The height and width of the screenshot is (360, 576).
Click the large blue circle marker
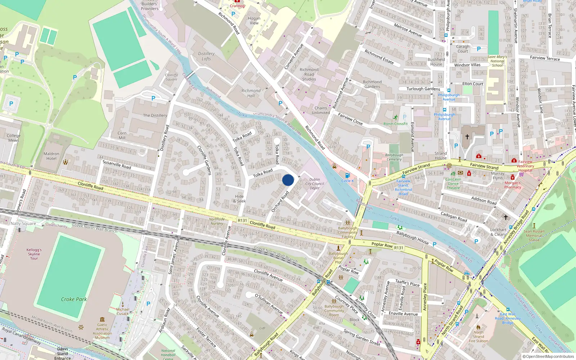288,180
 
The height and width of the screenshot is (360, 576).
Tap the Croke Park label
74,299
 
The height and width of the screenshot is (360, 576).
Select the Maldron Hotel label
51,156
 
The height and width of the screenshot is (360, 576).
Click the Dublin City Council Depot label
315,184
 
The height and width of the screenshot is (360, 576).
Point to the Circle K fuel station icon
347,175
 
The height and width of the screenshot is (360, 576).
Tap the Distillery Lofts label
206,56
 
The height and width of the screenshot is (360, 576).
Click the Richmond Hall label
251,93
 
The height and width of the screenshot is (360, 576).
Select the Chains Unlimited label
321,110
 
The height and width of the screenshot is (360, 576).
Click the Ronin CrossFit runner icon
396,117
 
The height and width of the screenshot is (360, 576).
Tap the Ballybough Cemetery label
394,157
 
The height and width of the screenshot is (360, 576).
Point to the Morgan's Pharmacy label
513,185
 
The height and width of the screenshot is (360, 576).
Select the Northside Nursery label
217,221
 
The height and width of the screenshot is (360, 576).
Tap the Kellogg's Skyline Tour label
34,254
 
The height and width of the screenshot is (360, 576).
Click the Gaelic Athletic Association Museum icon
102,319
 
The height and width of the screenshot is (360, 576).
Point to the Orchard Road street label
280,202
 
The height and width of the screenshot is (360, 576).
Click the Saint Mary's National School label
497,61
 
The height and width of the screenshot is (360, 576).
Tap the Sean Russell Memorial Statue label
534,236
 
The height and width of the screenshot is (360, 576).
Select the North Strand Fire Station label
478,337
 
